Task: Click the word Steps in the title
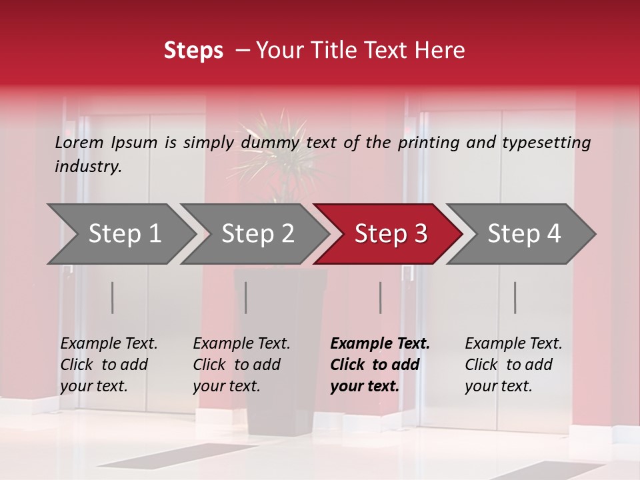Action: click(193, 51)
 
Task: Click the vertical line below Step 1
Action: click(113, 297)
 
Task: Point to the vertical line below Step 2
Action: click(246, 297)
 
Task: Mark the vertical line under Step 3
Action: click(381, 297)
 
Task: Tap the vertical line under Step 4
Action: click(515, 297)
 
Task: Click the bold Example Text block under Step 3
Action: click(380, 365)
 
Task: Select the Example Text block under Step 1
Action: click(109, 365)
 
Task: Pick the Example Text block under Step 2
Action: click(241, 365)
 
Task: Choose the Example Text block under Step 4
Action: click(513, 365)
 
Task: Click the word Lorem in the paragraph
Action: click(79, 143)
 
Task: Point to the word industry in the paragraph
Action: click(87, 167)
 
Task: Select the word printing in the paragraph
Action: click(426, 143)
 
